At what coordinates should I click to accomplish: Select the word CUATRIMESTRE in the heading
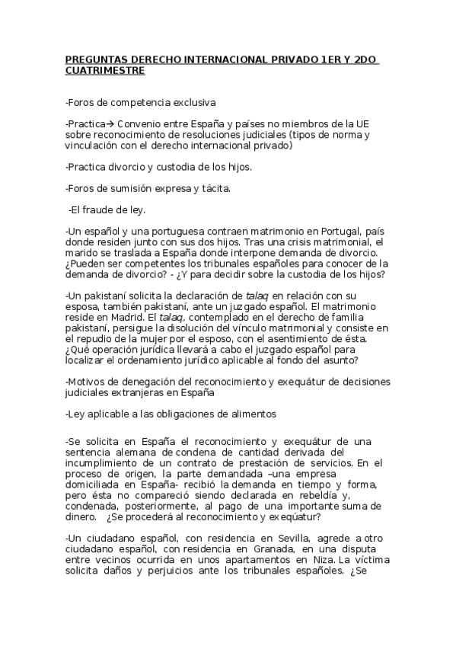[104, 70]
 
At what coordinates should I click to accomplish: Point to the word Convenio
[139, 123]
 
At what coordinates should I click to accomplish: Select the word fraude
[97, 209]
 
